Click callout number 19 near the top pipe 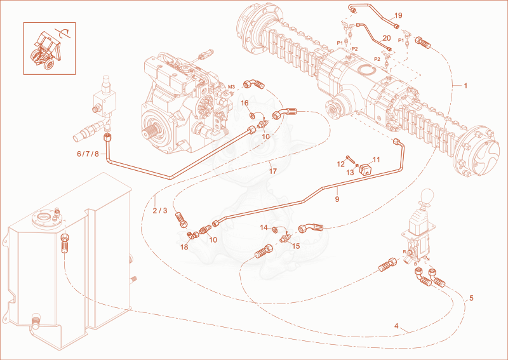click(x=398, y=15)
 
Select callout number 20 click(x=387, y=38)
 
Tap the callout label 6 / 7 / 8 click(x=88, y=154)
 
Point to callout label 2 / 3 click(x=160, y=211)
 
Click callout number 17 click(x=273, y=171)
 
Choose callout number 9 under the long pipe click(x=337, y=199)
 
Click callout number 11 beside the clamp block click(x=376, y=159)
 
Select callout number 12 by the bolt click(x=340, y=164)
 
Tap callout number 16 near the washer click(x=244, y=103)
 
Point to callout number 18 click(x=184, y=247)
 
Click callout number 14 click(x=264, y=227)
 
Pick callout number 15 click(x=296, y=246)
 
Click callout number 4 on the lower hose click(x=396, y=326)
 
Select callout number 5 click(x=471, y=298)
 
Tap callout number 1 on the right click(x=465, y=86)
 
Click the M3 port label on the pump click(x=231, y=87)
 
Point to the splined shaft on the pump click(x=149, y=133)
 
